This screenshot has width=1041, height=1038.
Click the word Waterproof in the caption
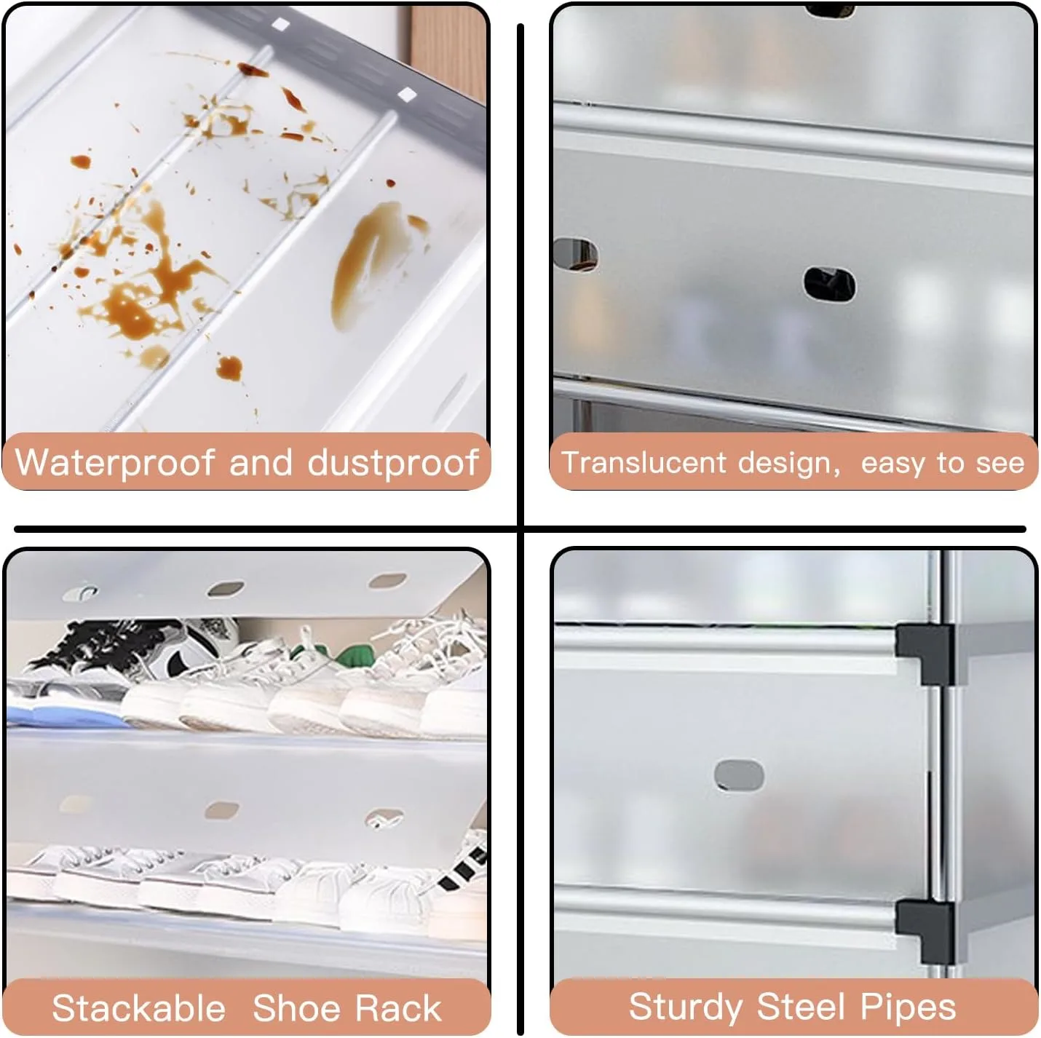click(x=114, y=463)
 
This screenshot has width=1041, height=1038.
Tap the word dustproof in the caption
click(x=392, y=463)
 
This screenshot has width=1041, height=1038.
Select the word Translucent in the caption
click(x=644, y=462)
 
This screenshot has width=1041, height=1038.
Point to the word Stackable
click(x=138, y=1008)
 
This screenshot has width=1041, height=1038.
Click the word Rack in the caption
click(x=398, y=1008)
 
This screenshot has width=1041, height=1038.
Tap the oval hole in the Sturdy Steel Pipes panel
click(x=739, y=774)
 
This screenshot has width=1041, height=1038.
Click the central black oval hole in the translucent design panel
click(x=829, y=284)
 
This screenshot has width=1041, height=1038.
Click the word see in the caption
click(x=1004, y=464)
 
